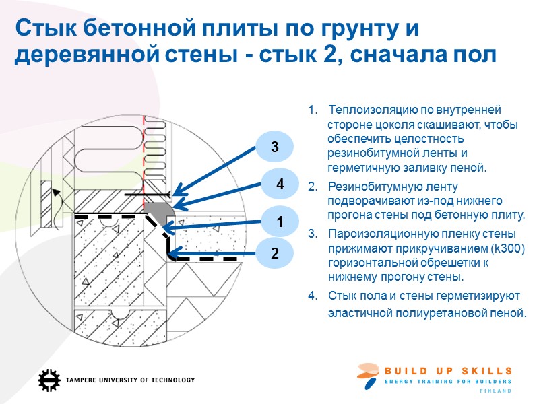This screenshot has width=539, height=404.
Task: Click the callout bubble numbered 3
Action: click(x=274, y=146)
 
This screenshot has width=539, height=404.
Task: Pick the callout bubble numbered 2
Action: click(x=274, y=254)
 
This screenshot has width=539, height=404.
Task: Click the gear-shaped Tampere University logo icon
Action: click(x=49, y=380)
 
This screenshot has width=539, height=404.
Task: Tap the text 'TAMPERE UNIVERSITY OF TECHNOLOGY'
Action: click(x=130, y=380)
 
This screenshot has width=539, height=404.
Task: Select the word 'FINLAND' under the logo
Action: click(x=495, y=391)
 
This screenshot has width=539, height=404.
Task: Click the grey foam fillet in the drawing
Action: click(x=164, y=211)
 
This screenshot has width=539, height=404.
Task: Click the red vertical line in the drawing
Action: click(x=144, y=141)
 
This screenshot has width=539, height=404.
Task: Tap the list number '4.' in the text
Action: click(x=311, y=296)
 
